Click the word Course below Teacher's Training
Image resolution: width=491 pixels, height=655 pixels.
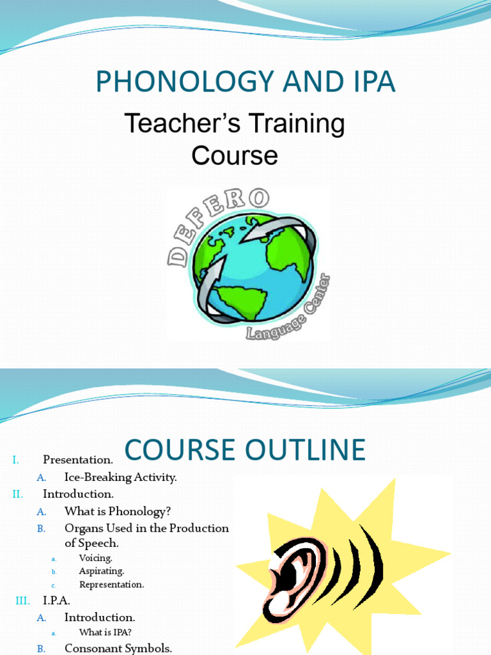(x=235, y=155)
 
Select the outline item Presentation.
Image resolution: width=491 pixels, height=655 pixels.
(x=77, y=459)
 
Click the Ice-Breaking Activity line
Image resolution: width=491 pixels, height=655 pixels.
(x=120, y=477)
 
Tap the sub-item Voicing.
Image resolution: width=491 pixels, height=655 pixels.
(x=95, y=558)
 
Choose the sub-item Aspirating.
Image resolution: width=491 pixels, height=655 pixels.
(x=101, y=571)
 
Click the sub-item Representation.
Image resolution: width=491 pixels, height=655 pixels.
(x=111, y=585)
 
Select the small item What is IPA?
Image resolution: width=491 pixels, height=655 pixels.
(x=105, y=633)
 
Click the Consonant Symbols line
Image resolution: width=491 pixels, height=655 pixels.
(x=118, y=648)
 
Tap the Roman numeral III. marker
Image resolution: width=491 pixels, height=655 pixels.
(x=22, y=601)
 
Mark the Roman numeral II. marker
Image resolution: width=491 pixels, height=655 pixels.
(x=17, y=494)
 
